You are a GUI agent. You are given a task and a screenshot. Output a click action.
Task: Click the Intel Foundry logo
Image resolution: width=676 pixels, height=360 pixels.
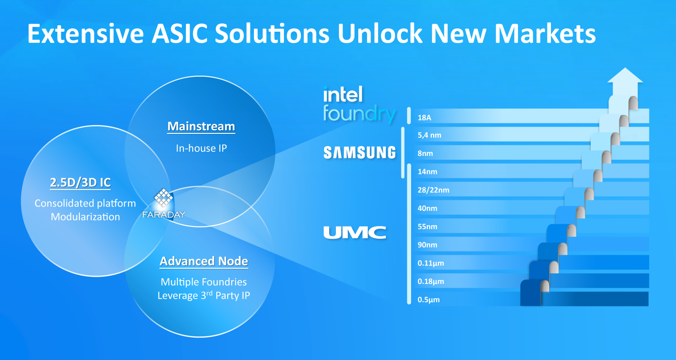click(x=360, y=105)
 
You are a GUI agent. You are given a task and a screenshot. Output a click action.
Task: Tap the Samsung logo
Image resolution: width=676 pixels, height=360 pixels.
click(x=360, y=153)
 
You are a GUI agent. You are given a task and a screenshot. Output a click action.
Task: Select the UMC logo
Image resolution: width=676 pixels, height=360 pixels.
click(x=354, y=233)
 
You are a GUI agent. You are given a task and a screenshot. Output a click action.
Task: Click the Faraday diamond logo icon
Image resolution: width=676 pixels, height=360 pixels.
click(x=163, y=198)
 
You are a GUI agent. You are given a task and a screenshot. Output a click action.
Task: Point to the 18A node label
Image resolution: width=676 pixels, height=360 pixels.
click(x=424, y=118)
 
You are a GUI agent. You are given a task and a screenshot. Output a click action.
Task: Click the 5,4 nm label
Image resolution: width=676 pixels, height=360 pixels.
click(x=429, y=135)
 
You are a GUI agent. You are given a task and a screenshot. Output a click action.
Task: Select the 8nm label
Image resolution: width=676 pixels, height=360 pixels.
click(x=425, y=153)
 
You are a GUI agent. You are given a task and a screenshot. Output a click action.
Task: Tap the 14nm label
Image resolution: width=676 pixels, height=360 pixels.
click(x=427, y=172)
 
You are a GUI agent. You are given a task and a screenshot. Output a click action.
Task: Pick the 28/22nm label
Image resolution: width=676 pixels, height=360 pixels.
click(x=433, y=190)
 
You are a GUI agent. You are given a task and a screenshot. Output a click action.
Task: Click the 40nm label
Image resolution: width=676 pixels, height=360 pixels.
click(x=427, y=208)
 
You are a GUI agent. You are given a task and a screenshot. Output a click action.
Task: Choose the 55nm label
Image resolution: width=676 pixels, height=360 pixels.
click(x=427, y=226)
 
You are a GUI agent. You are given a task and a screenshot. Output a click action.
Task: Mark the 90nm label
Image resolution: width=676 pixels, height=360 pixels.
click(x=427, y=245)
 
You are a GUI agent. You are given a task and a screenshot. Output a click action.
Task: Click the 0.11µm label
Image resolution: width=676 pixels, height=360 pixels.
click(x=431, y=263)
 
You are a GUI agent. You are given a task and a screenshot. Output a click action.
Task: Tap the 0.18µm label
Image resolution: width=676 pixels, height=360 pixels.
click(x=431, y=281)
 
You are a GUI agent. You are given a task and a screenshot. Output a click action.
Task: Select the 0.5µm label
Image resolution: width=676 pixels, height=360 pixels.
click(x=428, y=300)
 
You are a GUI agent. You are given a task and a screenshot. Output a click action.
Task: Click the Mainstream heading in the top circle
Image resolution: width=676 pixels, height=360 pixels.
click(x=201, y=126)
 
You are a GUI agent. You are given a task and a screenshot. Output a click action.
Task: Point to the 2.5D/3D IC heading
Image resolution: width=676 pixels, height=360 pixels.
click(x=80, y=183)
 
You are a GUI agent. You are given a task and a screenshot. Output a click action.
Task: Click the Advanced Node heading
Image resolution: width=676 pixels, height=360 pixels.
click(x=204, y=261)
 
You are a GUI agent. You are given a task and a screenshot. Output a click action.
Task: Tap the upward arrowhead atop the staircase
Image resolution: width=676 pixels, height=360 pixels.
click(x=625, y=76)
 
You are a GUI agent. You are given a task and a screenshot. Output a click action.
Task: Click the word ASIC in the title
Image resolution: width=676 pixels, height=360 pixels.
click(x=180, y=33)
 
